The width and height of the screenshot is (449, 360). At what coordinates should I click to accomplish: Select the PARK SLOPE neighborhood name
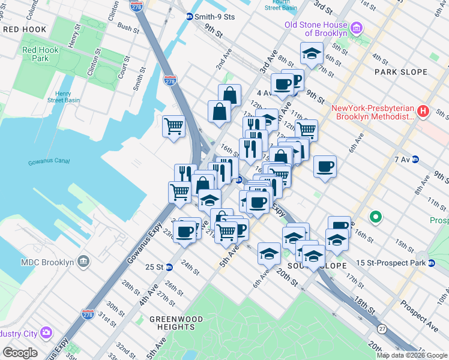[x=400, y=72]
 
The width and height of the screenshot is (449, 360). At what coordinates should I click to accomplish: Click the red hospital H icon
[x=423, y=111]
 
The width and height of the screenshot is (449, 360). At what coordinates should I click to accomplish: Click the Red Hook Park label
[x=40, y=55]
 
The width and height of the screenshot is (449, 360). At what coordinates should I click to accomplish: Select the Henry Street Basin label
[x=71, y=97]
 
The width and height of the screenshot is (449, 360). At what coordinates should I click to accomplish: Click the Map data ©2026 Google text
[x=412, y=355]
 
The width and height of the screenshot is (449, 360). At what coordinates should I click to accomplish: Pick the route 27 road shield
[x=382, y=329]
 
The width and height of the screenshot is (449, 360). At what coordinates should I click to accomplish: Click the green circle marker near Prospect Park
[x=376, y=217]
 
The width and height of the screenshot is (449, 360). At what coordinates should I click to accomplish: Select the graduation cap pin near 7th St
[x=312, y=54]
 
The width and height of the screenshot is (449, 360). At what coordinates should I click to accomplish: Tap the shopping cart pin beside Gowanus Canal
[x=173, y=127]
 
